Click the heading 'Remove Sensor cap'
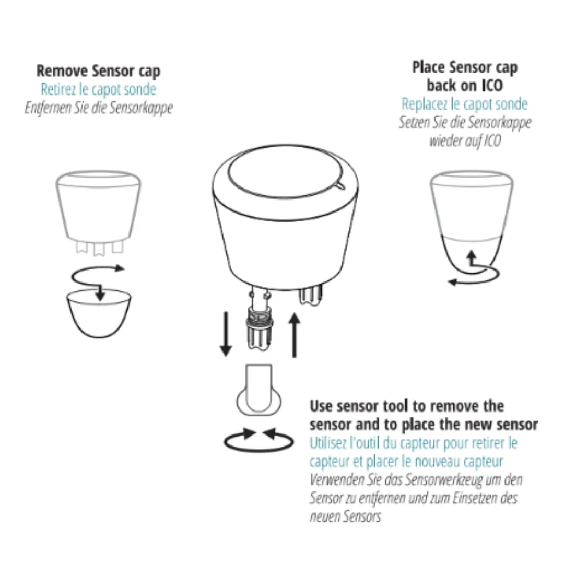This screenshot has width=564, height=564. click(x=98, y=71)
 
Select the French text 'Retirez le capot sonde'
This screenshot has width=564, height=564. click(x=98, y=89)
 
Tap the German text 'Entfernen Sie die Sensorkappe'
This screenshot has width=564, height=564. click(x=99, y=108)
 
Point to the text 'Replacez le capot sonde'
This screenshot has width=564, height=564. click(x=464, y=104)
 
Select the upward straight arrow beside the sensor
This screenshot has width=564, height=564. click(x=295, y=335)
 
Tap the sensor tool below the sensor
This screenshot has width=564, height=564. click(x=259, y=390)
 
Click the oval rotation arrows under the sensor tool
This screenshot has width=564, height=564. click(x=258, y=440)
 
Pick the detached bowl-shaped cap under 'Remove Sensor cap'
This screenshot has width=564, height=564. click(x=99, y=313)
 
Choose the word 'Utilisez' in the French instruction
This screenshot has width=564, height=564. click(x=327, y=443)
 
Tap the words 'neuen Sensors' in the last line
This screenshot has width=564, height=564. click(x=345, y=517)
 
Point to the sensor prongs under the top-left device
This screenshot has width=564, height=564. click(x=100, y=248)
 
